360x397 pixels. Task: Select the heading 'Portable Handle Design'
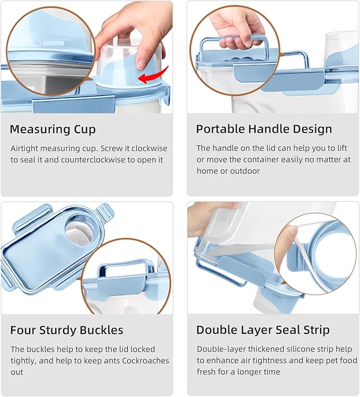click(264, 129)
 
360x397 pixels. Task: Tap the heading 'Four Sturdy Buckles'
click(67, 330)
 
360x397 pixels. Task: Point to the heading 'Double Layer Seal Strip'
click(263, 330)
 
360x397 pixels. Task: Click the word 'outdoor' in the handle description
click(245, 171)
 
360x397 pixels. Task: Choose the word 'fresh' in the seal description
click(208, 372)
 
